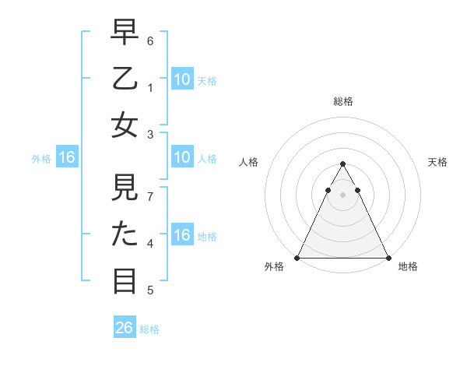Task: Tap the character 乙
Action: [125, 81]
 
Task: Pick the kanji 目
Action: [125, 280]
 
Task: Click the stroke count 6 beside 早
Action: [150, 40]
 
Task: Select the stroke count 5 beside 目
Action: [150, 290]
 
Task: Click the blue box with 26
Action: [125, 328]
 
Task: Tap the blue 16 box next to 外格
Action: [67, 158]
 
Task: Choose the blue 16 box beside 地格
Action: [181, 235]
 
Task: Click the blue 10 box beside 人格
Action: [181, 158]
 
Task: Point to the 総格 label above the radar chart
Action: [342, 101]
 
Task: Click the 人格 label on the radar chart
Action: [248, 162]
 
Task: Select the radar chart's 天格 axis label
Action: [437, 162]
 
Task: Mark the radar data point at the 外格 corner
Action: [297, 257]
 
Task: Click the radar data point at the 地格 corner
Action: [388, 257]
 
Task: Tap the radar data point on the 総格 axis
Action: [342, 164]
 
